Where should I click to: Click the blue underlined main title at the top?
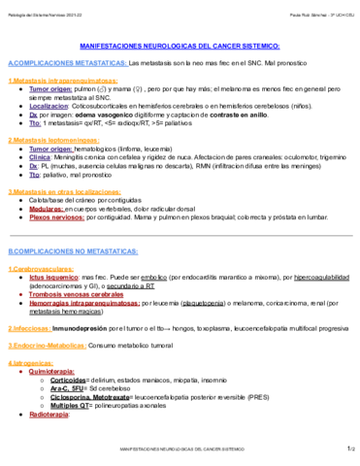[180, 46]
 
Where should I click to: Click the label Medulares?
[49, 207]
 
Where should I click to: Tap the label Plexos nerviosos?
[57, 216]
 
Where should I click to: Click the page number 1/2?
[348, 449]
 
